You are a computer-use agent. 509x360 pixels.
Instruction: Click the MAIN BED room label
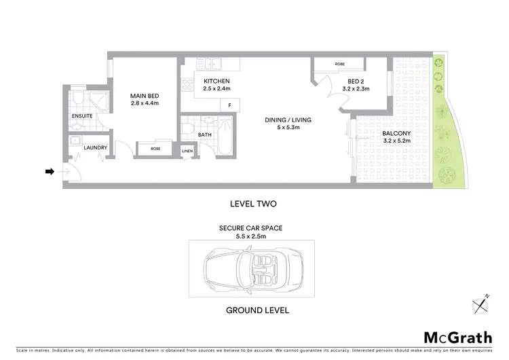click(144, 96)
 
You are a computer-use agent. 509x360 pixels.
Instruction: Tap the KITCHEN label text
click(217, 82)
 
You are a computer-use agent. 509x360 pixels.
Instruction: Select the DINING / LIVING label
click(282, 121)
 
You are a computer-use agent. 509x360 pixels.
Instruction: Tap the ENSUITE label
click(82, 116)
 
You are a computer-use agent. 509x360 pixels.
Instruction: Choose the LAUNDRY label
click(96, 147)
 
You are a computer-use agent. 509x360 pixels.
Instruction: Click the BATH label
click(206, 134)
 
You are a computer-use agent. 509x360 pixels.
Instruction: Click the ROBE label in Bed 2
click(339, 65)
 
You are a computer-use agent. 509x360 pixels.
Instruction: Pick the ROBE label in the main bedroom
click(155, 147)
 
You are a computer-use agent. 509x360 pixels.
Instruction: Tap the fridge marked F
click(229, 105)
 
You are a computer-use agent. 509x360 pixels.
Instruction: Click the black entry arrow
click(50, 172)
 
